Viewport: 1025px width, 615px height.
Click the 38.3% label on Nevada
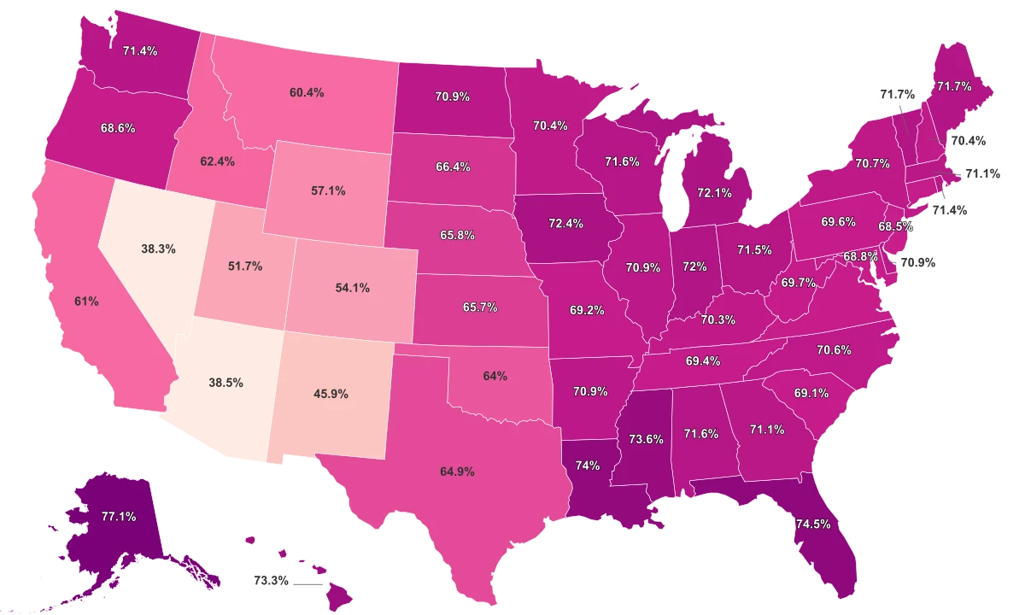click(158, 249)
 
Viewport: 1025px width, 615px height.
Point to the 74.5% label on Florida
click(811, 524)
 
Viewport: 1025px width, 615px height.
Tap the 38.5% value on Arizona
click(225, 384)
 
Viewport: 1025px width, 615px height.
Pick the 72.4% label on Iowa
click(565, 224)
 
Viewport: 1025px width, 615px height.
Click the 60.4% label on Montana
click(307, 92)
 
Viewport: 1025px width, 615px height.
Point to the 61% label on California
click(86, 302)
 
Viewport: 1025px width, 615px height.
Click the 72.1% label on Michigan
click(714, 193)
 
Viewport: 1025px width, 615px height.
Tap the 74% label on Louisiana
click(588, 466)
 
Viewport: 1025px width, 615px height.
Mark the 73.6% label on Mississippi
click(646, 439)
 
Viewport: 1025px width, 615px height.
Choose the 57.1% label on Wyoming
click(328, 191)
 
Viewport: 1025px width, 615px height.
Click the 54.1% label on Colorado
click(352, 288)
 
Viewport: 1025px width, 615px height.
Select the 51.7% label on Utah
click(245, 266)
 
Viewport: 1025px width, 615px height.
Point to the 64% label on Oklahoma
click(495, 375)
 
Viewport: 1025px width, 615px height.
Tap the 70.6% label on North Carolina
click(834, 349)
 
